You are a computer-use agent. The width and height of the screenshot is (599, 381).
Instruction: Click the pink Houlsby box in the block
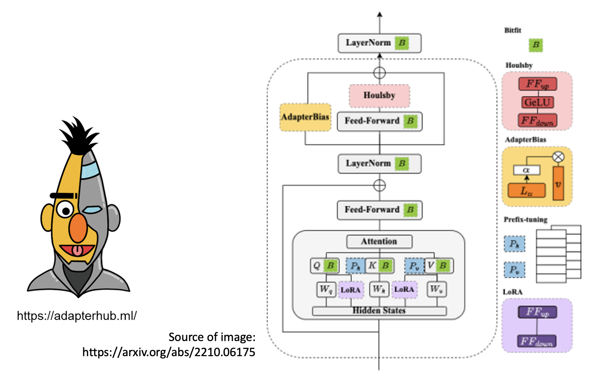coord(379,95)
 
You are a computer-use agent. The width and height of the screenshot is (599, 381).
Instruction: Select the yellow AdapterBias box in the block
coord(305,117)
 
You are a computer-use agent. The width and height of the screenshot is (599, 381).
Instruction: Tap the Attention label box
coord(379,241)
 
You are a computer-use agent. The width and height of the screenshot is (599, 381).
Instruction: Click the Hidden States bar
coord(379,311)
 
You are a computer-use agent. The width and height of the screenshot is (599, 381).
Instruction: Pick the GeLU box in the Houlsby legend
coord(537,102)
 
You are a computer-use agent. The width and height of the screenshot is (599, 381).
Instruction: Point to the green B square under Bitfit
coord(536,45)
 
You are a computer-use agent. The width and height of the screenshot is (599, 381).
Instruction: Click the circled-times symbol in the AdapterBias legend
coord(558,157)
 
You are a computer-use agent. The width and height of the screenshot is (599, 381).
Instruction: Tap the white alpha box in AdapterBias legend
coord(527,170)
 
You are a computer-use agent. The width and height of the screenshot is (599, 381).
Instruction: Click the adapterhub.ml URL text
coord(77,316)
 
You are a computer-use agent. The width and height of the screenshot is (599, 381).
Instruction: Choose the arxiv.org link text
coord(169,352)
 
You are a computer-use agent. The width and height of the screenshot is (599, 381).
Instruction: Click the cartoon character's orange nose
coord(78,228)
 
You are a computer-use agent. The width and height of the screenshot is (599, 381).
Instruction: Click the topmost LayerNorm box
coord(379,43)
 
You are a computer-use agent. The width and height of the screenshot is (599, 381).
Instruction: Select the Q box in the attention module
coord(317,266)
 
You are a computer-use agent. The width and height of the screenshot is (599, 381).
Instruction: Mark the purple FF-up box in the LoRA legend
coord(537,312)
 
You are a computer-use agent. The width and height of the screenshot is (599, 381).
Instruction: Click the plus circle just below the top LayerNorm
coord(379,73)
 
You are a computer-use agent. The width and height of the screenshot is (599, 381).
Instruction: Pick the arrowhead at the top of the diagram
coord(380,15)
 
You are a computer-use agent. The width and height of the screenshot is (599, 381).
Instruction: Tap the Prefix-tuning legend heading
coord(525,219)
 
